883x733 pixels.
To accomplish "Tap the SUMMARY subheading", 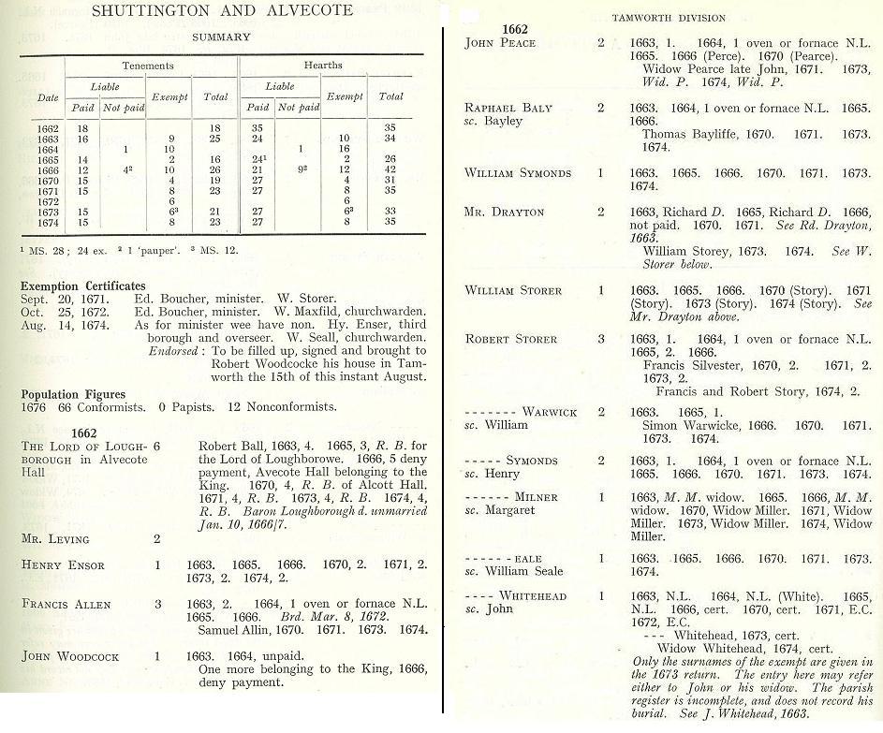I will coord(220,37).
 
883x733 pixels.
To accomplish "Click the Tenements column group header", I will coord(147,66).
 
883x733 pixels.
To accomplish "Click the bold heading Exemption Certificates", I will coord(83,285).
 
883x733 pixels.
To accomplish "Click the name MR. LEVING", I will coord(55,538).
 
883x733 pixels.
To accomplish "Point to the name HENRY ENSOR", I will coord(63,565).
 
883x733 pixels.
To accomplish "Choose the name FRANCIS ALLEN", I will coord(66,604).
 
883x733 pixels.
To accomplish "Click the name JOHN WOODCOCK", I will coord(70,656).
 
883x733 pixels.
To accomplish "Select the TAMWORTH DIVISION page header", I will coord(669,18).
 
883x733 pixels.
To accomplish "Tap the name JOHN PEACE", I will coord(500,43).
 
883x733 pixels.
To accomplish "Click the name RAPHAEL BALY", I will coord(508,108).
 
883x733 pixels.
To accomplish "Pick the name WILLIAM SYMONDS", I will coord(518,173).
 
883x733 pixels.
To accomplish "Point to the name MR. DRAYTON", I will coord(504,213).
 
